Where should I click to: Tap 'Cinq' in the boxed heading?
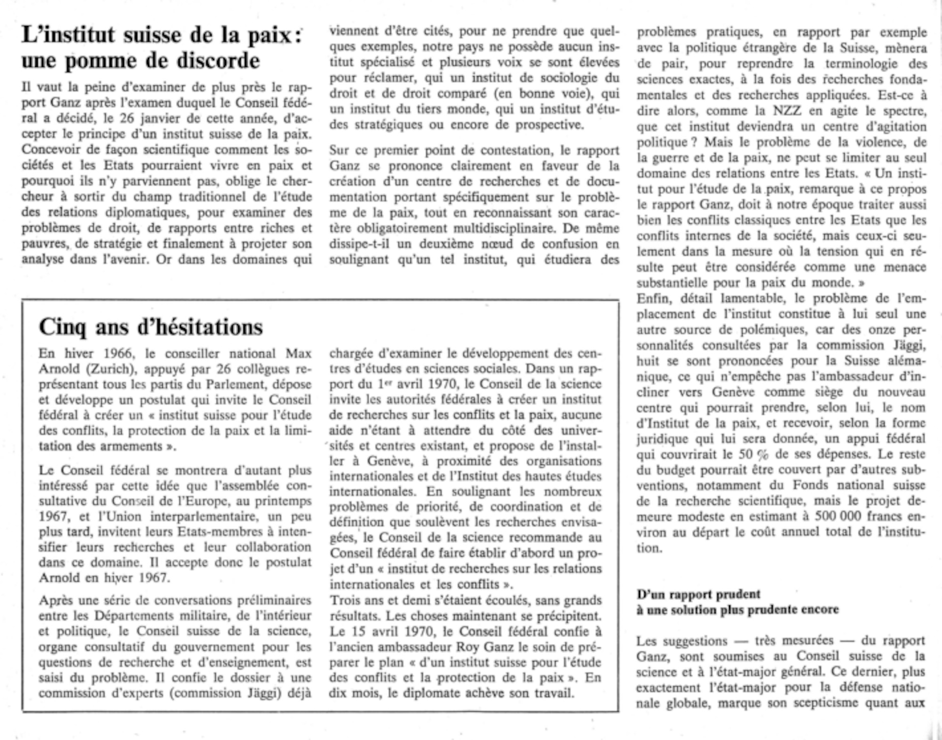[x=63, y=327]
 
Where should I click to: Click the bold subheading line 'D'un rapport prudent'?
[x=698, y=595]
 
